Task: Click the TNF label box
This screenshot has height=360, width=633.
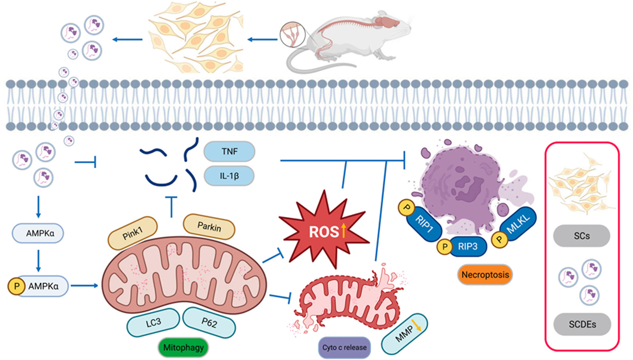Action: point(229,152)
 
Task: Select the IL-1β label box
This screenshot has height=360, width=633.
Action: point(229,176)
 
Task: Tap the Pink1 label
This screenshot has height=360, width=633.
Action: point(133,233)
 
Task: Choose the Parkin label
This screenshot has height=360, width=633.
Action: point(209,226)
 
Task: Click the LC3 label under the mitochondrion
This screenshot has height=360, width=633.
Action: point(153,323)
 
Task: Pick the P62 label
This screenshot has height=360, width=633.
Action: point(209,323)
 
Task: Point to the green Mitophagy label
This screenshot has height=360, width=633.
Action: point(183,347)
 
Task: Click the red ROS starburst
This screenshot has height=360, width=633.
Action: point(324,231)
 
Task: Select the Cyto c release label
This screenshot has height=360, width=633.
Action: point(344,347)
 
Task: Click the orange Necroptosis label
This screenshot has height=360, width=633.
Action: point(485,275)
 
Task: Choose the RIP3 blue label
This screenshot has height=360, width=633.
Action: point(467,246)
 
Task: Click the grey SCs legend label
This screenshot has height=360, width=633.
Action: point(581,236)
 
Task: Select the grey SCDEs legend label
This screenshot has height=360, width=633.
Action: point(582,324)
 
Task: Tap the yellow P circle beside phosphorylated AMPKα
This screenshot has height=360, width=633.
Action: point(17,286)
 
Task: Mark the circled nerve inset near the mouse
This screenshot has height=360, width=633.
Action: point(292,35)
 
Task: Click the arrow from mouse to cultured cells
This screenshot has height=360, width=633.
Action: point(262,39)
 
